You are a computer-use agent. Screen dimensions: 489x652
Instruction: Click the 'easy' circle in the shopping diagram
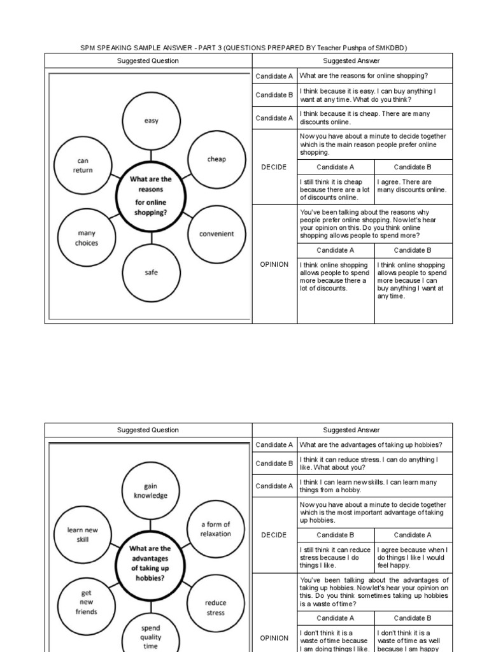151,121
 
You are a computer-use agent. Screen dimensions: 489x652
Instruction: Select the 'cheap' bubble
216,159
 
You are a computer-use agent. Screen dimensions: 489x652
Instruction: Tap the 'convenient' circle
216,234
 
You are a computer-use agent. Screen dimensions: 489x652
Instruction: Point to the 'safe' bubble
151,273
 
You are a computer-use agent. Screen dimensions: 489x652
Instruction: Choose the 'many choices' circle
87,238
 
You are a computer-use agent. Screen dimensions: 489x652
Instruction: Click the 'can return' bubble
83,166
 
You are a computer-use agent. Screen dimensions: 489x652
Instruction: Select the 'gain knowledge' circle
150,491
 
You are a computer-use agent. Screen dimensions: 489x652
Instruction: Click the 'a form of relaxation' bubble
215,529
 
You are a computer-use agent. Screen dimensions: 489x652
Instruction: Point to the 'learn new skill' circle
83,534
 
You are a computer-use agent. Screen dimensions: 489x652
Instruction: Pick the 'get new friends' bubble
87,602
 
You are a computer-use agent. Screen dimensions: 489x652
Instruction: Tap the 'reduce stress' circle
215,607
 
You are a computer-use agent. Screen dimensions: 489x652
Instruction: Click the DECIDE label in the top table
274,167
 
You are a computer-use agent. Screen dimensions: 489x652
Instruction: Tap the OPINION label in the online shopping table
274,264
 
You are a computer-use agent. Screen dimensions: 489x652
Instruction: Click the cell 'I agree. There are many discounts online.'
413,186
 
